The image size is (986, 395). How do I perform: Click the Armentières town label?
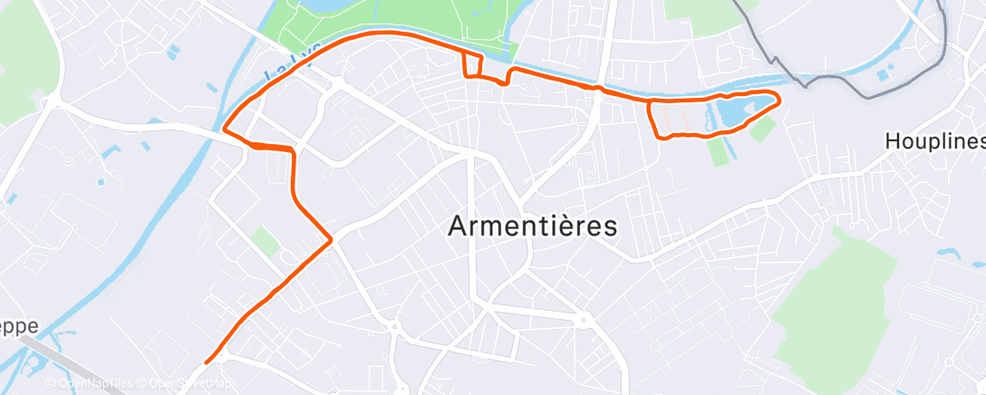(x=533, y=226)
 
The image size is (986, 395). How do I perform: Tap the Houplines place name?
(x=934, y=142)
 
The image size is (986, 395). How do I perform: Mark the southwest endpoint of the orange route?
(x=208, y=361)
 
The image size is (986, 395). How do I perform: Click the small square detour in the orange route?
(x=471, y=65)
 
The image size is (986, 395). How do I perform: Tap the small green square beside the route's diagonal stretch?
(x=265, y=240)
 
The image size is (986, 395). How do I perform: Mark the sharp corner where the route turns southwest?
(x=332, y=239)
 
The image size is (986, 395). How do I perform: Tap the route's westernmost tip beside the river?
(x=223, y=131)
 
